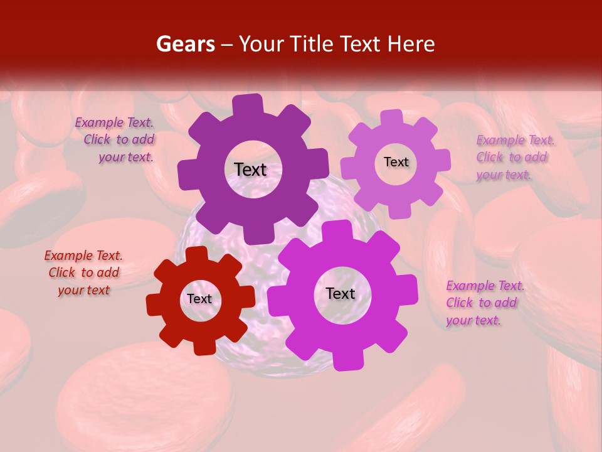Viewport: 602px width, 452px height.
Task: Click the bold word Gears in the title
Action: (185, 44)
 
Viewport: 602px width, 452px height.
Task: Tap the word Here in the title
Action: (411, 44)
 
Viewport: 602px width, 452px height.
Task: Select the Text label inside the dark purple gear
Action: (250, 169)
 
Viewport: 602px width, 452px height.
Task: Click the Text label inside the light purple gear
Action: (396, 162)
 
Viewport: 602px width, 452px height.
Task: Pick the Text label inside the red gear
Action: (199, 299)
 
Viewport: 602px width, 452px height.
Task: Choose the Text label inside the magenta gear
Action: (341, 294)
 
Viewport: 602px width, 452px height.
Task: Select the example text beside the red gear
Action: (83, 273)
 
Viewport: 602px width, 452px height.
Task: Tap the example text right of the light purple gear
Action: (514, 158)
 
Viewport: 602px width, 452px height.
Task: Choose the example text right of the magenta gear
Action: (484, 303)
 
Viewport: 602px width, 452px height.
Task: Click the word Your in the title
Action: (261, 44)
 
